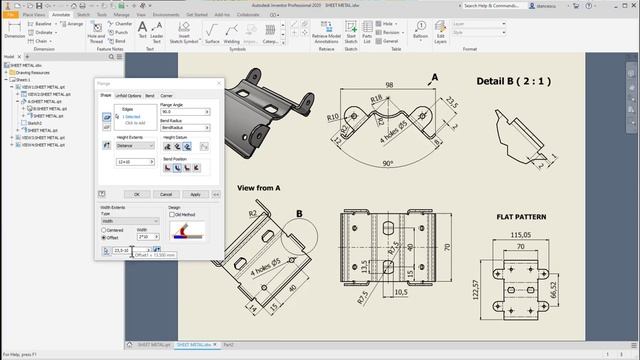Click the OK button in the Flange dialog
tap(137, 194)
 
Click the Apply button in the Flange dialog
tap(195, 194)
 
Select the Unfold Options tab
tap(128, 95)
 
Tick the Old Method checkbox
tap(172, 214)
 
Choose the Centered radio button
tap(104, 230)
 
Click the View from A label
tap(258, 187)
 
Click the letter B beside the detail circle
tap(299, 212)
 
